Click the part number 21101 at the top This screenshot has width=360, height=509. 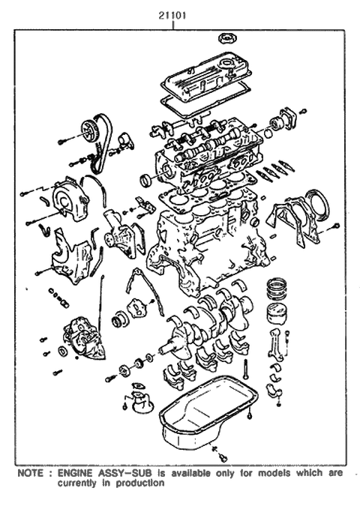(x=173, y=13)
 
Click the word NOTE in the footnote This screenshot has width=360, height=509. (x=30, y=475)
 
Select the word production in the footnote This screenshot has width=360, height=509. (x=138, y=484)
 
